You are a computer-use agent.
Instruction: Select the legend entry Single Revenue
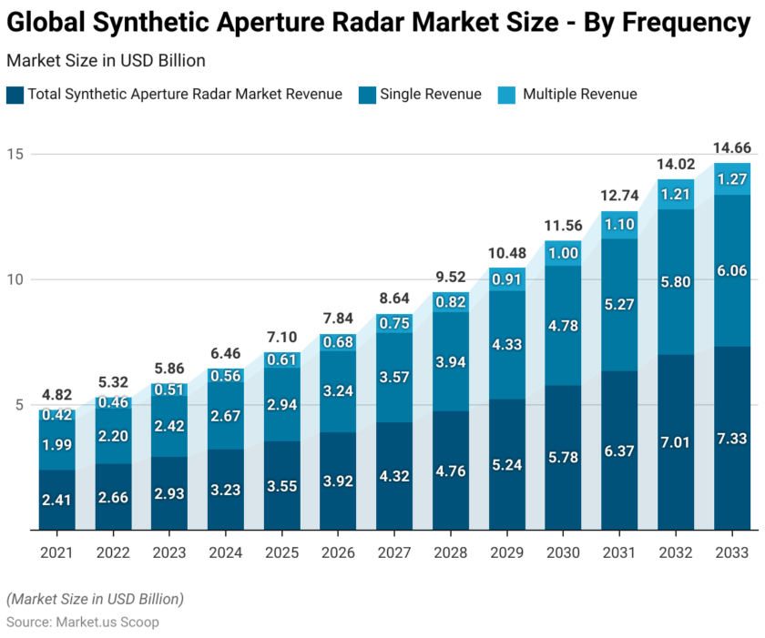click(x=430, y=94)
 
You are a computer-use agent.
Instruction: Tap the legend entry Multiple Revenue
click(x=579, y=94)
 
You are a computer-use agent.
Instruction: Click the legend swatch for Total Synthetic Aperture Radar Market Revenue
click(x=15, y=94)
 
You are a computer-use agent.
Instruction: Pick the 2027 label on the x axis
click(x=394, y=552)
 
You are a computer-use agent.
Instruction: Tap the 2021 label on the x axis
click(x=56, y=552)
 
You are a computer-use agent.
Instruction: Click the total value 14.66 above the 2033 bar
click(x=731, y=147)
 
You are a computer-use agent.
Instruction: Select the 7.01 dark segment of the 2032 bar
click(x=676, y=442)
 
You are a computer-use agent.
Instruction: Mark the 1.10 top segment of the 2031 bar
click(x=619, y=225)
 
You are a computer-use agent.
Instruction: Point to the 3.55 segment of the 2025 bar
click(x=281, y=485)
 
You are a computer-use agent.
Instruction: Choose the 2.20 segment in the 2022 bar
click(x=113, y=436)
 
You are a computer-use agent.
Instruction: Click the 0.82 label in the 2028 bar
click(x=450, y=302)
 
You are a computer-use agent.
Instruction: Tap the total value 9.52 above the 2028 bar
click(x=450, y=276)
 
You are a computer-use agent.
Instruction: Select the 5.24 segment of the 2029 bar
click(x=506, y=464)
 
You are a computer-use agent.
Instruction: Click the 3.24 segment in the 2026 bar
click(x=338, y=391)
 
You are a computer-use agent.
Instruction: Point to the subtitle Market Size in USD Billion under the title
click(x=106, y=61)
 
